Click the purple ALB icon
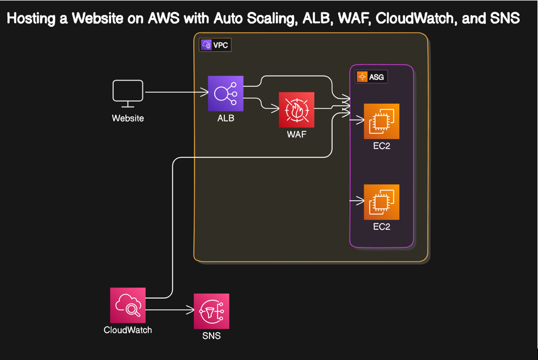point(226,93)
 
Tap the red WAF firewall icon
point(297,110)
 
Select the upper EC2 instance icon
point(381,121)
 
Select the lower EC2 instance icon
point(381,202)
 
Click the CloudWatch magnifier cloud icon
point(128,305)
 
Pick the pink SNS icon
point(211,311)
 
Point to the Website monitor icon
point(128,93)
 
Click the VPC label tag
point(215,45)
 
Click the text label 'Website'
point(128,118)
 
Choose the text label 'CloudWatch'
point(128,330)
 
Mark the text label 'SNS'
point(211,336)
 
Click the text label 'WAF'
point(297,135)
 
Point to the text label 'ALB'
point(226,118)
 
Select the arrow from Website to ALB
point(175,93)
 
